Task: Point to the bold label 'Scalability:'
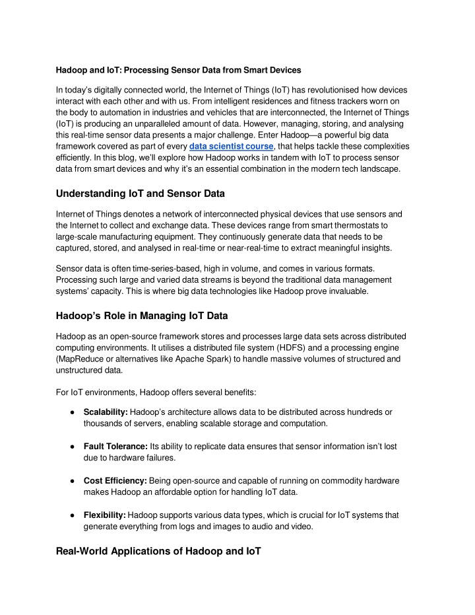(106, 412)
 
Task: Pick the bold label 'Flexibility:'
(105, 515)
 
